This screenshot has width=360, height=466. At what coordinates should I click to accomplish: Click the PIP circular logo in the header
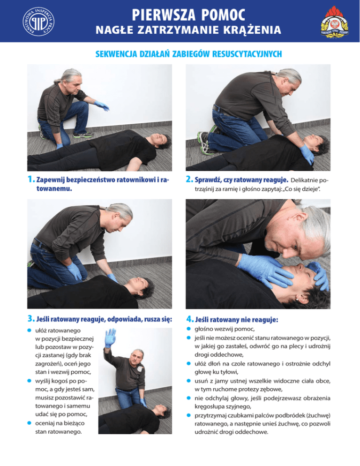[38, 22]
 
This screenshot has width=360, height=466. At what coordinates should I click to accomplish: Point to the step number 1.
[30, 179]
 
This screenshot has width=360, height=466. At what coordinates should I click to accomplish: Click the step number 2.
[189, 179]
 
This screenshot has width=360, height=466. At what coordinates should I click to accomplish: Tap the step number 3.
[31, 319]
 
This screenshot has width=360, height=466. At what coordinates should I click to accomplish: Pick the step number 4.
[190, 319]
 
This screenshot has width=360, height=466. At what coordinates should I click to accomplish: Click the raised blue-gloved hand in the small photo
[110, 338]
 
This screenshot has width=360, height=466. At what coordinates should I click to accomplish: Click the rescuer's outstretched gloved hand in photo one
[102, 105]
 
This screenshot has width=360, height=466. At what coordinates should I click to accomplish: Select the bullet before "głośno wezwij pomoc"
[188, 329]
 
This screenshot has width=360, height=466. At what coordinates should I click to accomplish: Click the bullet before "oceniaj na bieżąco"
[29, 423]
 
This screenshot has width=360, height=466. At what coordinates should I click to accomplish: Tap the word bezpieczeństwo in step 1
[90, 180]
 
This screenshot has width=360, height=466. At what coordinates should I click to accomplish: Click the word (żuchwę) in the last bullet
[318, 415]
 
